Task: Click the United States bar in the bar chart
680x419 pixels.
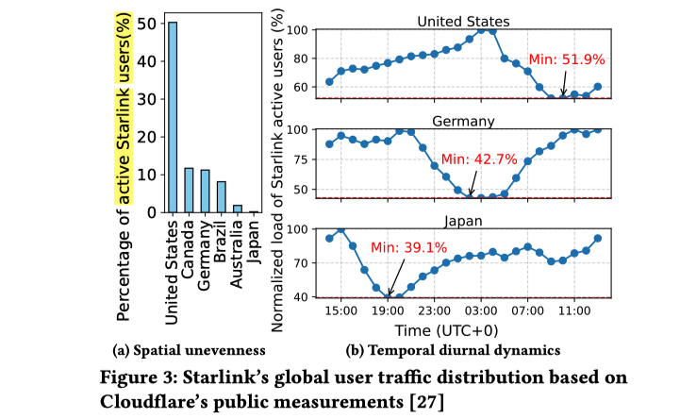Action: (173, 117)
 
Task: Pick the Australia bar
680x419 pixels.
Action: (237, 209)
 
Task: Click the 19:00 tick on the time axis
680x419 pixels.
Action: (388, 309)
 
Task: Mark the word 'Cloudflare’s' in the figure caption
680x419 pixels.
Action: (160, 397)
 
